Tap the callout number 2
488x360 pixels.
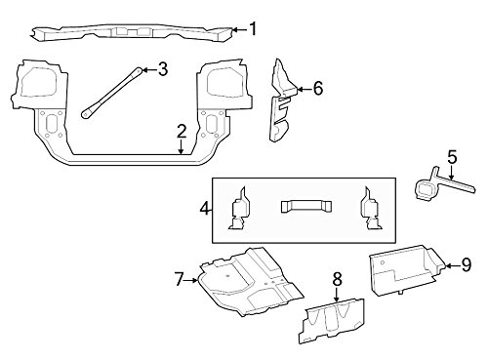coord(182,131)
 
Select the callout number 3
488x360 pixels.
coord(162,68)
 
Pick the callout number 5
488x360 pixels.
coord(452,155)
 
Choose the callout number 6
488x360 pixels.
coord(317,88)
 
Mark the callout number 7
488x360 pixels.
coord(179,280)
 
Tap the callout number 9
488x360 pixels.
coord(466,262)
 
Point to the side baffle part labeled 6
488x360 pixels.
coord(284,102)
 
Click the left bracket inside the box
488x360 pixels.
coord(240,209)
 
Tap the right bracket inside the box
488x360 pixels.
coord(372,209)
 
